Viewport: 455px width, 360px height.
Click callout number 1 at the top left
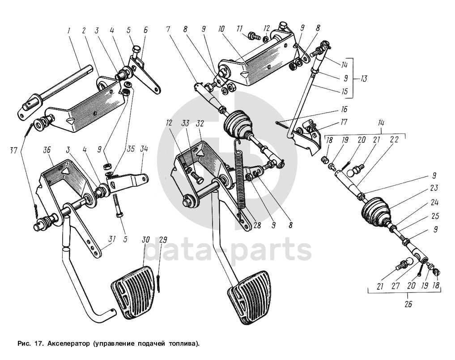[x=69, y=31]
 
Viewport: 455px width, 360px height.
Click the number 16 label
[x=344, y=109]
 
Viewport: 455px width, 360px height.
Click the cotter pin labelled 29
[x=160, y=284]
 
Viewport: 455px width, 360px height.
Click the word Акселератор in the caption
[x=68, y=344]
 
